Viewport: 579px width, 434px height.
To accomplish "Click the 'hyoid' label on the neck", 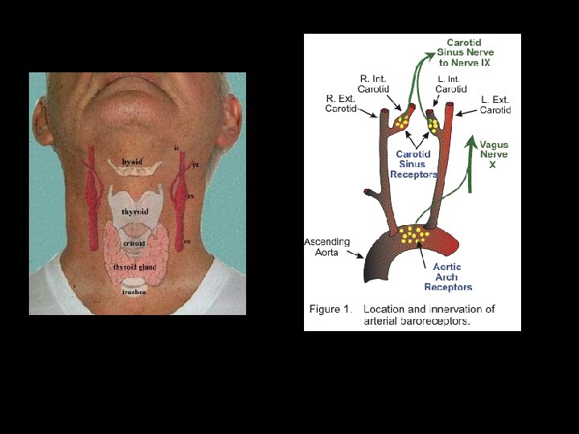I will (132, 162).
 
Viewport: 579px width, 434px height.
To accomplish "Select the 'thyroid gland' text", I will (134, 266).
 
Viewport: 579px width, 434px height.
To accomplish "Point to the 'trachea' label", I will (133, 292).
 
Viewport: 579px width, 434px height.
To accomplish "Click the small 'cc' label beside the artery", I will (187, 240).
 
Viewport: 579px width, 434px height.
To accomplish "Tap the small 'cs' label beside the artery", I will (191, 196).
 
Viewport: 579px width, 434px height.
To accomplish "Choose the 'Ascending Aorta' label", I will (326, 247).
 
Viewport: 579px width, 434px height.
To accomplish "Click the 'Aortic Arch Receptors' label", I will (447, 276).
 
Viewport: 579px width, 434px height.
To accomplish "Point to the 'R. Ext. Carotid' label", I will (341, 104).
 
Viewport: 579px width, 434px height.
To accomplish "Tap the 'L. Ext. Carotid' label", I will (495, 104).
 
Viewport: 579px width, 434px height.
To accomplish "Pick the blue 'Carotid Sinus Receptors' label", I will (413, 164).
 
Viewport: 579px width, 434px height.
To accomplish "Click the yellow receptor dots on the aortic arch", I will (412, 235).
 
